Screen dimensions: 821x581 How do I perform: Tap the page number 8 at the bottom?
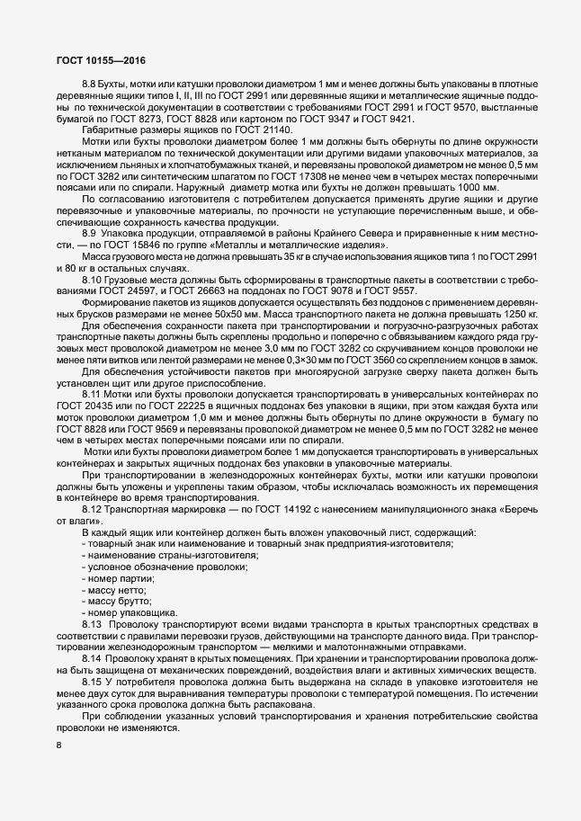(x=58, y=746)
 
